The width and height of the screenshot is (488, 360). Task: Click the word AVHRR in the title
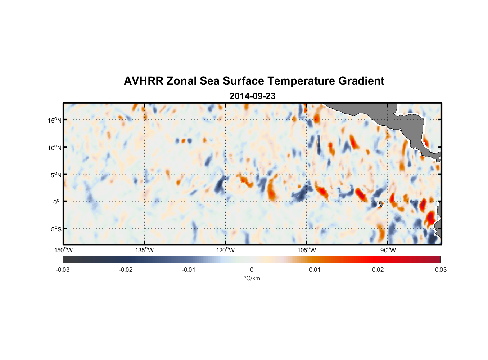143,81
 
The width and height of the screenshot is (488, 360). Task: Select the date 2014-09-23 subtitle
252,96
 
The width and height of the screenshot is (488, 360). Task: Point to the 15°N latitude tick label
54,120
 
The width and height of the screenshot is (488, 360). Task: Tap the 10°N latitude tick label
54,148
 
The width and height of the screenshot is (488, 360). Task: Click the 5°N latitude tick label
55,175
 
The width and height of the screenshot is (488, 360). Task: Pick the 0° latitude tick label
57,202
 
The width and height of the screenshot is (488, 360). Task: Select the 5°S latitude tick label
55,229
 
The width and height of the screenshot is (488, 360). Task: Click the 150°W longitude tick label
63,250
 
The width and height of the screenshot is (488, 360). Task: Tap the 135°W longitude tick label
144,250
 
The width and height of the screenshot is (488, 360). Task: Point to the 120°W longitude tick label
225,250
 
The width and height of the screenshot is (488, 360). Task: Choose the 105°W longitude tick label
307,250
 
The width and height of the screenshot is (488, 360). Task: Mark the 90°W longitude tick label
388,250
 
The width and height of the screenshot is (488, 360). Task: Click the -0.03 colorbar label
63,270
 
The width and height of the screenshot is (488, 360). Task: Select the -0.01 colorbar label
189,270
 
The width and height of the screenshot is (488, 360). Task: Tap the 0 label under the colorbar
252,270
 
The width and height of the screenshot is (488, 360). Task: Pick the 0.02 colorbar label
378,270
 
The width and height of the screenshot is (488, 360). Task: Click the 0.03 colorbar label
440,270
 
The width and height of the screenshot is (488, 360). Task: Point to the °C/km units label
252,278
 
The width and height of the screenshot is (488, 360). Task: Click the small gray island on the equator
381,204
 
